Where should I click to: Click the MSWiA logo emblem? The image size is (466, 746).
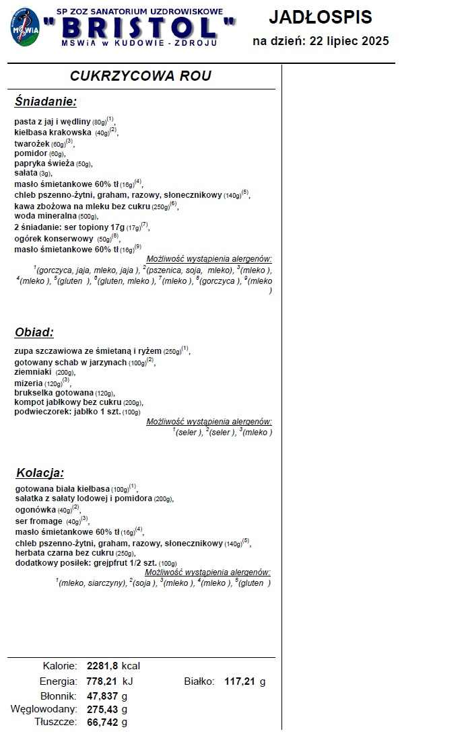[24, 27]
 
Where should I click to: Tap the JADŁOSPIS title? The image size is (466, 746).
[320, 17]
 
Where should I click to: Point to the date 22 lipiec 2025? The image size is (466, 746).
[349, 42]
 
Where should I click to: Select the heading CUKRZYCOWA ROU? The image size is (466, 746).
[140, 76]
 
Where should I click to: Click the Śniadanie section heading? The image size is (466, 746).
[46, 102]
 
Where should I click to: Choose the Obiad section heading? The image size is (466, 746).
[34, 332]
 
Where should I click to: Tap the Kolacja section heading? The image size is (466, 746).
[40, 473]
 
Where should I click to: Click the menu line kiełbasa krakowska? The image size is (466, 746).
[55, 133]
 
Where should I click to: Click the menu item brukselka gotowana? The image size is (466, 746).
[54, 393]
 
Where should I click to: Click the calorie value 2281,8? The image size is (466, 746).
[102, 666]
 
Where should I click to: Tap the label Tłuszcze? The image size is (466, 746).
[55, 722]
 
